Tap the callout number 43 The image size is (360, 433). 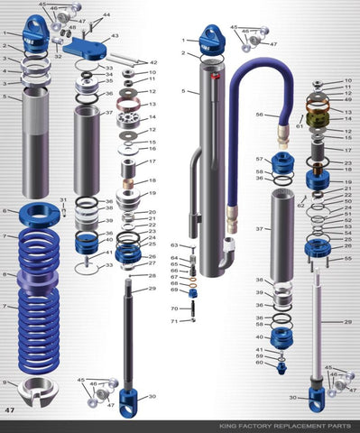(x=115, y=36)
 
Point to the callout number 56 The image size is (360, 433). (x=259, y=115)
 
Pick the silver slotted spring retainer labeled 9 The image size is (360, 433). (x=35, y=392)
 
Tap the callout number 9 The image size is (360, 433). (x=5, y=382)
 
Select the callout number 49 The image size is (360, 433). (x=349, y=100)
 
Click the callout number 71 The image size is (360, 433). (x=173, y=320)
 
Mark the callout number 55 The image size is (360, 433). (x=349, y=258)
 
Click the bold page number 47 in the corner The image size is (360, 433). (x=11, y=410)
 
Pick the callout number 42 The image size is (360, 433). (x=152, y=62)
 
